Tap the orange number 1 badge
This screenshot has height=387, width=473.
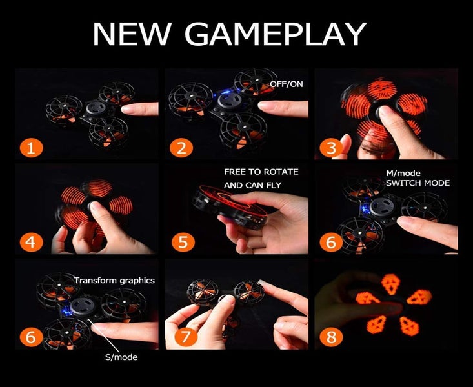[x=32, y=148]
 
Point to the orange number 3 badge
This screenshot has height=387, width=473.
[x=332, y=148]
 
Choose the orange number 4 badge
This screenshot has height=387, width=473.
[x=32, y=243]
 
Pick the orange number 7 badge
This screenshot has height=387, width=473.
[x=181, y=337]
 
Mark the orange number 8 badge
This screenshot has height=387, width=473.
[x=332, y=337]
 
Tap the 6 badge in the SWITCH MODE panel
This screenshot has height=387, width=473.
[x=332, y=243]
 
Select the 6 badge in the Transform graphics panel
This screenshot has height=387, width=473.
[x=32, y=337]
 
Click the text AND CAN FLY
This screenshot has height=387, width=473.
[x=252, y=186]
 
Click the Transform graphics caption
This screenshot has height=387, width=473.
[x=114, y=280]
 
